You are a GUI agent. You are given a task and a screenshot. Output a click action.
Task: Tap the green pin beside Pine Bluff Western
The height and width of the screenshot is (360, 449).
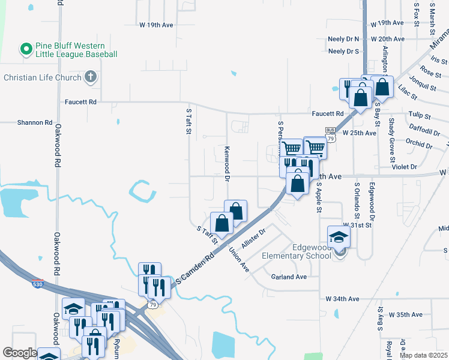pos(26,47)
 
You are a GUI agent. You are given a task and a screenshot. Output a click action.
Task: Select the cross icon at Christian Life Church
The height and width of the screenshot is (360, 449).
pos(90,76)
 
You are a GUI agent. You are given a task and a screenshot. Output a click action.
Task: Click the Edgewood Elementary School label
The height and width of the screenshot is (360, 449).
pos(296,251)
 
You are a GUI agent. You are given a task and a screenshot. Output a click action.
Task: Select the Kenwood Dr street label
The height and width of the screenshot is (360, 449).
pos(228,163)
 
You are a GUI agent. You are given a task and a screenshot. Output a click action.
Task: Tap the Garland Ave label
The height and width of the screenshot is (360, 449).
pos(289,277)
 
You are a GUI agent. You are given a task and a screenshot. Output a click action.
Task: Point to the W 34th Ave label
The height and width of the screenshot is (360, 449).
pos(342,299)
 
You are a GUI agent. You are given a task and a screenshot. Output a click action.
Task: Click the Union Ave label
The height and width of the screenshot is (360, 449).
pos(239,260)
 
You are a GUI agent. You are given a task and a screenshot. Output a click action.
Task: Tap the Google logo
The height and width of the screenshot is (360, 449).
pos(19,353)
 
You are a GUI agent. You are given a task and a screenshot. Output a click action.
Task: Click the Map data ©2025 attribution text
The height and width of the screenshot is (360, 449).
pos(423,355)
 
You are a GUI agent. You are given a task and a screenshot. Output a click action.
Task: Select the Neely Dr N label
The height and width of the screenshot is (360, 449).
pos(344,38)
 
